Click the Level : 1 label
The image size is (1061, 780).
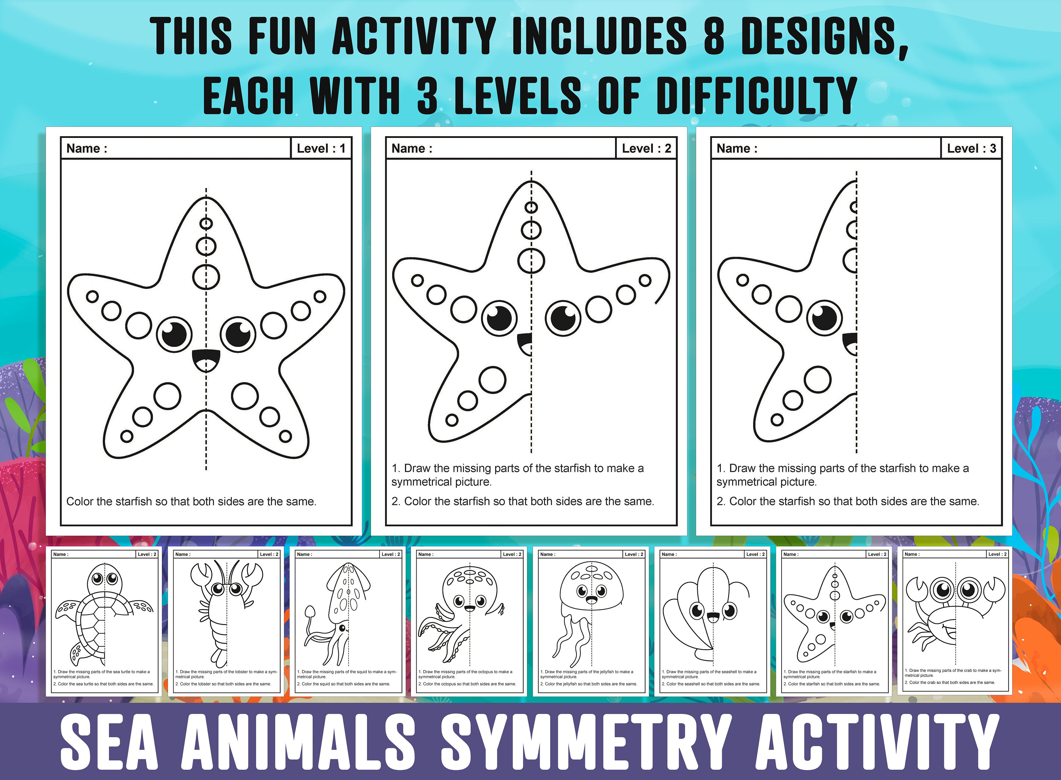(321, 148)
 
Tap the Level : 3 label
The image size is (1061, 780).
(971, 148)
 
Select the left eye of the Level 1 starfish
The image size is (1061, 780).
(174, 334)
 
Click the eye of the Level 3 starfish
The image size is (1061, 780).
(824, 317)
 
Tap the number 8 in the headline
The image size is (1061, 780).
(714, 36)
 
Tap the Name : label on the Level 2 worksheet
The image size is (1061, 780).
(412, 148)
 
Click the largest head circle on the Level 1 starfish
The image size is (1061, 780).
(206, 277)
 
